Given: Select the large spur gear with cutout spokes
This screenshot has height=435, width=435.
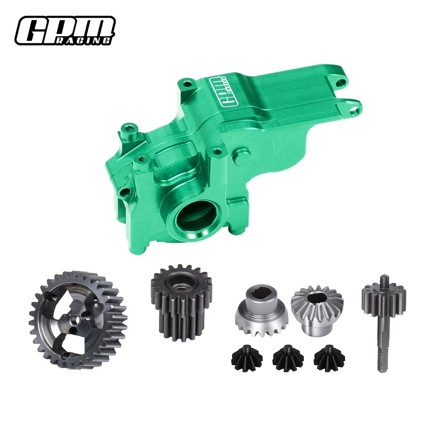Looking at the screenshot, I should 78,313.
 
